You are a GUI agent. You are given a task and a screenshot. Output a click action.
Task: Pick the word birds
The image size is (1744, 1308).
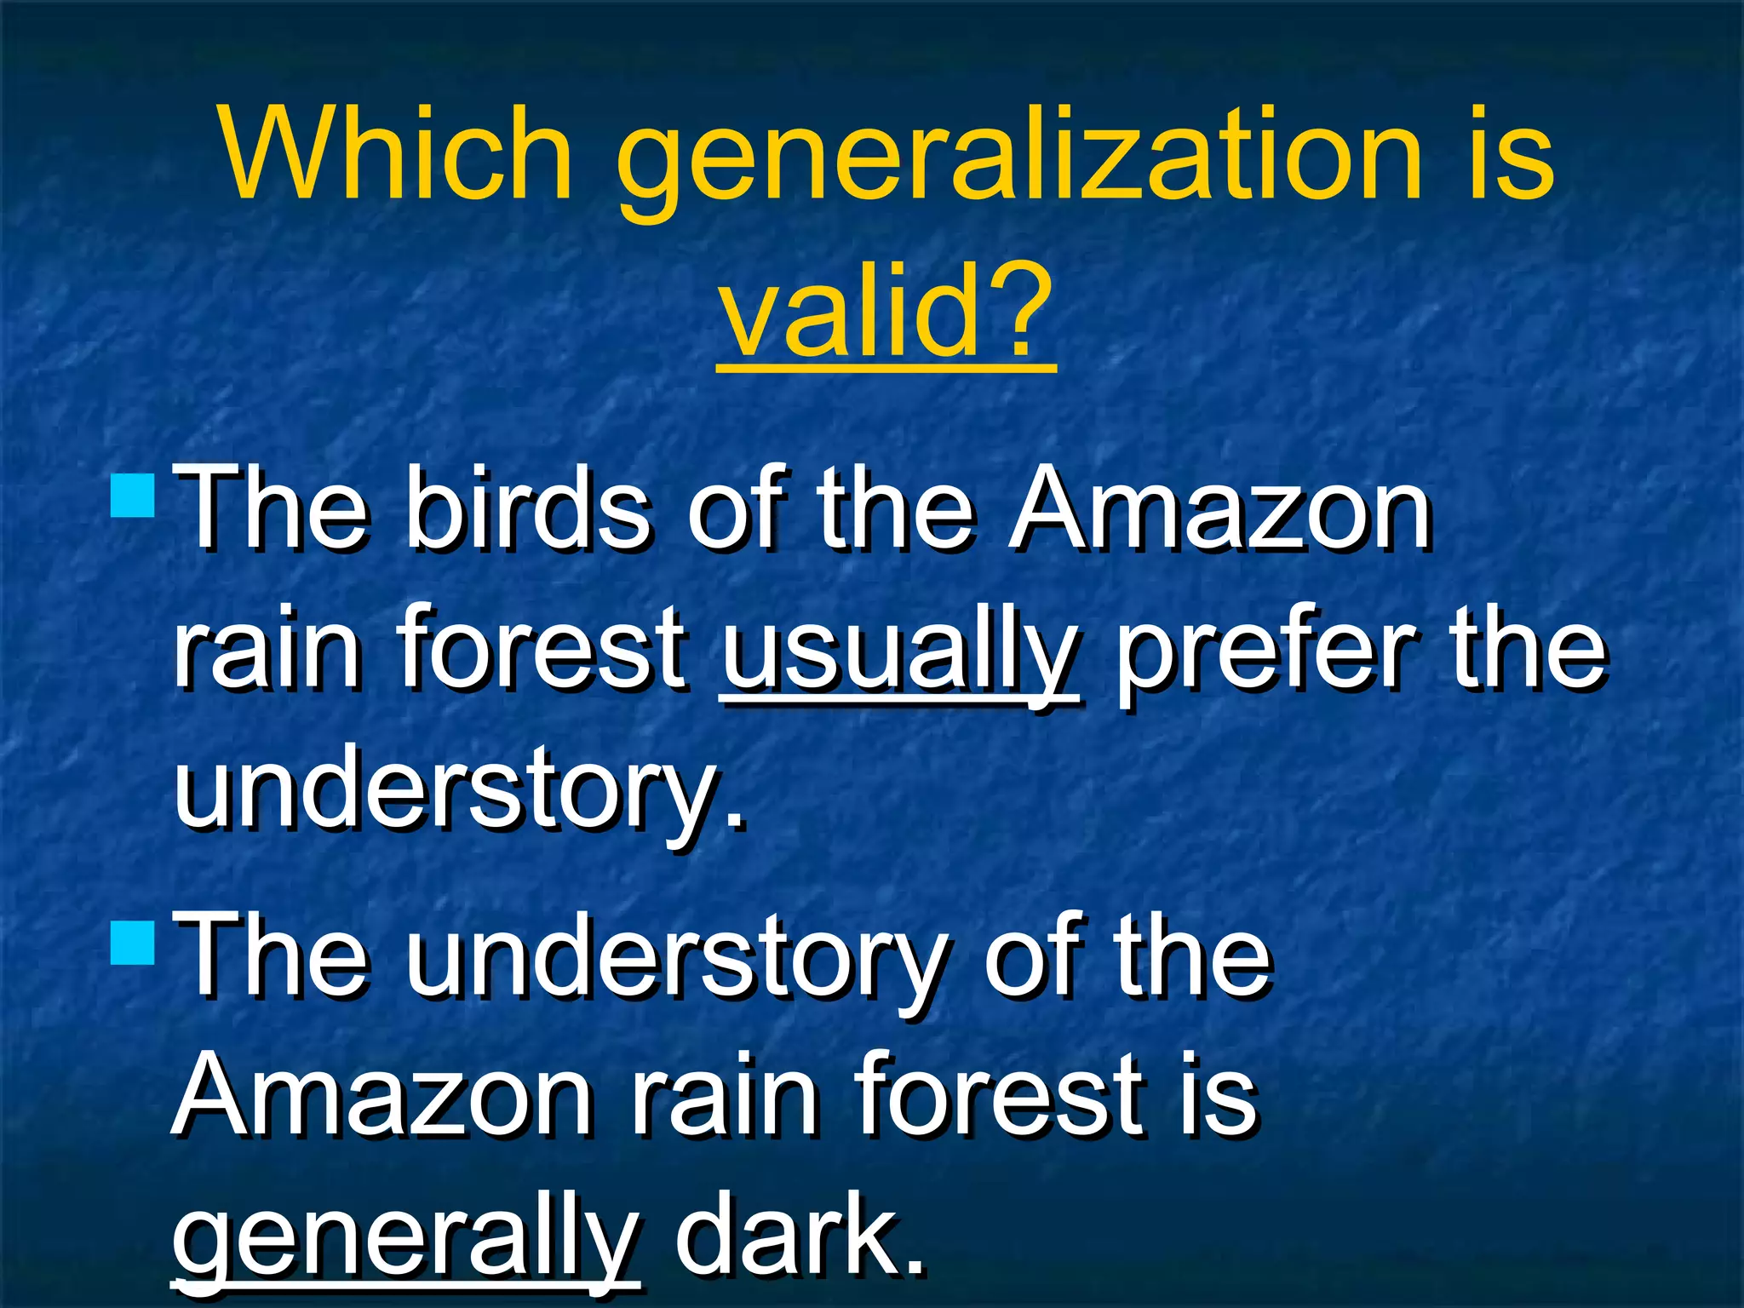tap(529, 511)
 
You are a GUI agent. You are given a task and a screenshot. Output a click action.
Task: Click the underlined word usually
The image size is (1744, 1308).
tap(901, 651)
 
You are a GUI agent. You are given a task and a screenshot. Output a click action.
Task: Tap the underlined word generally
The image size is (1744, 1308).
tap(405, 1239)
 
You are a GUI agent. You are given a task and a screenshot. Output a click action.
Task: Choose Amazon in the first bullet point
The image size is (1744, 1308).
tap(1221, 511)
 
